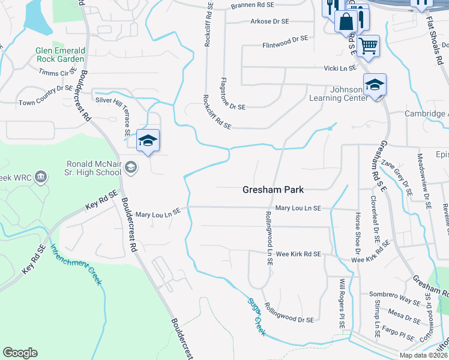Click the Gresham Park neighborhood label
point(273,189)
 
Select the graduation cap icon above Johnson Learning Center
point(375,85)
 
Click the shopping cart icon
point(368,45)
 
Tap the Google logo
point(20,353)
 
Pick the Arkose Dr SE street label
point(270,22)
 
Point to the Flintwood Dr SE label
point(285,41)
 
